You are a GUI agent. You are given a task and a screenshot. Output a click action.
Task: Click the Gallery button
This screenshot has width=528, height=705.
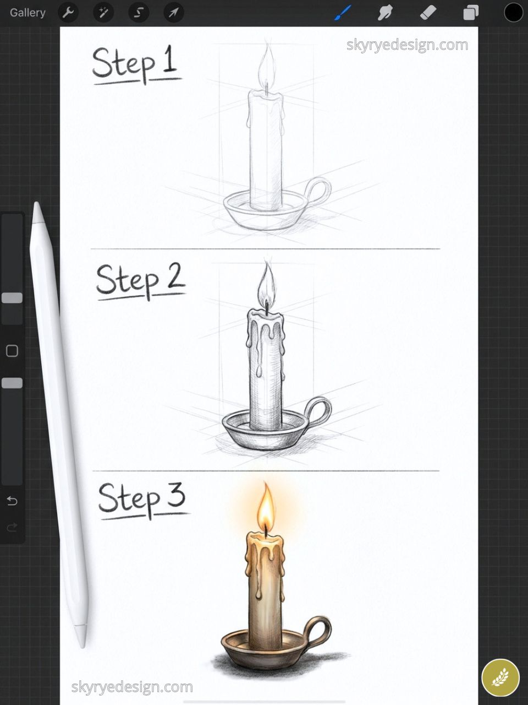pyautogui.click(x=28, y=12)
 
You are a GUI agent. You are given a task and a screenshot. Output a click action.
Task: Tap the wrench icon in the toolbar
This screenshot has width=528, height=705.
pyautogui.click(x=68, y=12)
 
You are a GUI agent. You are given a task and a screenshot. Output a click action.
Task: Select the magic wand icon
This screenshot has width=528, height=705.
pyautogui.click(x=103, y=12)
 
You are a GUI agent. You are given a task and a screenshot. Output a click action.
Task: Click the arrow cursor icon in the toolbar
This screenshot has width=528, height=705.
pyautogui.click(x=173, y=12)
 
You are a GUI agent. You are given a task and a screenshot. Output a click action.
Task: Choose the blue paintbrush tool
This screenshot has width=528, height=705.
pyautogui.click(x=343, y=12)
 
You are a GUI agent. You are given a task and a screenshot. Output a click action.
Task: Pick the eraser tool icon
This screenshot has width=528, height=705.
pyautogui.click(x=428, y=12)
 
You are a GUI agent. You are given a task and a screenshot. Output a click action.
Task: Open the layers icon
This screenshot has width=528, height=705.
pyautogui.click(x=471, y=12)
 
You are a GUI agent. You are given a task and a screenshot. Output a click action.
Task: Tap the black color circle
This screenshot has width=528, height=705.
pyautogui.click(x=513, y=12)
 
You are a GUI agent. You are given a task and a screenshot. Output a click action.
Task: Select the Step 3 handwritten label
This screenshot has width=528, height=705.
pyautogui.click(x=142, y=498)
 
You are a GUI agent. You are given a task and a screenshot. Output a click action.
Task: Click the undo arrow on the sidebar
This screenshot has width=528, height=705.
pyautogui.click(x=12, y=501)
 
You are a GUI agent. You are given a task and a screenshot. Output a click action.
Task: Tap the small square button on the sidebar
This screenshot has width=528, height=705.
pyautogui.click(x=12, y=351)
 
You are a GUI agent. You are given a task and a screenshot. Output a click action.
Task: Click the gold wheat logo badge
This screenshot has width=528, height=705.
pyautogui.click(x=500, y=677)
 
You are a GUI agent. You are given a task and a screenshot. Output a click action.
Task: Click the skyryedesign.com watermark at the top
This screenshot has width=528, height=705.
pyautogui.click(x=407, y=45)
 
